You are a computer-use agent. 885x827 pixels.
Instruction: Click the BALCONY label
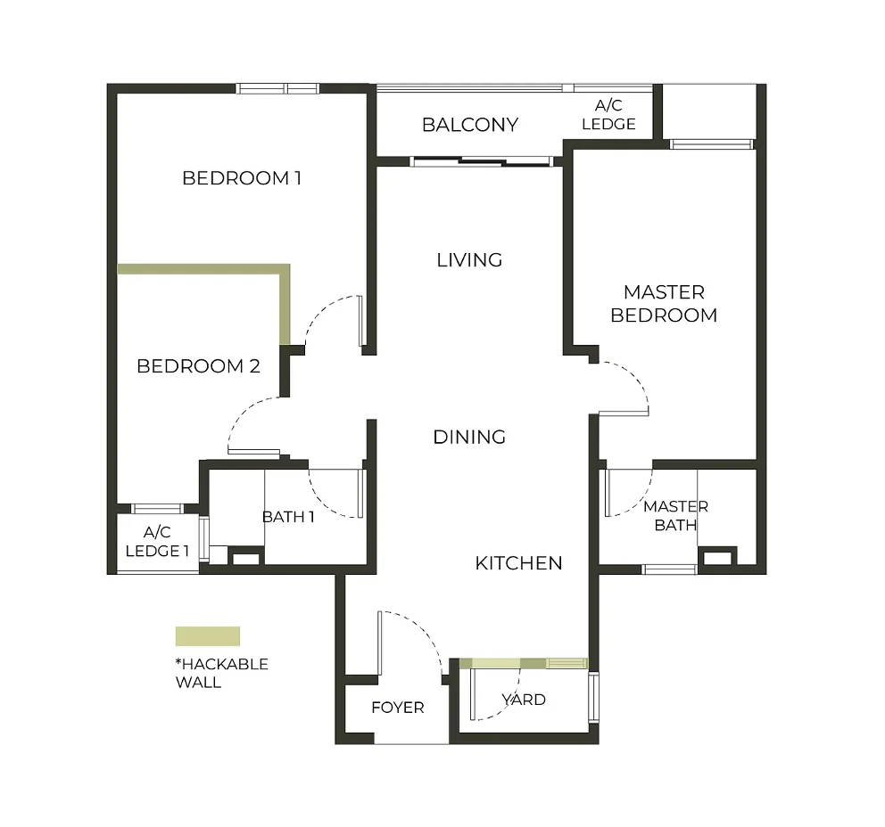pos(469,125)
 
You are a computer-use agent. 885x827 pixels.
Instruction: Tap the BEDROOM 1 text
pos(241,178)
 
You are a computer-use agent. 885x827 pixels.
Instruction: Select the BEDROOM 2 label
pos(198,366)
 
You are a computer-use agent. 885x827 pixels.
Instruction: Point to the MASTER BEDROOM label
pos(664,304)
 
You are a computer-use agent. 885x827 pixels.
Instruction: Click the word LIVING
pos(469,260)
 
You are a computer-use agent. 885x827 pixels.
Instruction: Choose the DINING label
pos(469,438)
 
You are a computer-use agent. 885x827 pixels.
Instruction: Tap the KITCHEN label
pos(518,563)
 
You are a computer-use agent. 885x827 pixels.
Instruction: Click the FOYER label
pos(397,708)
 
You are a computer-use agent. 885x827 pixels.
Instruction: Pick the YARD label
pos(524,700)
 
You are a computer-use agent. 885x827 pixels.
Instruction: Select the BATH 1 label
pos(288,517)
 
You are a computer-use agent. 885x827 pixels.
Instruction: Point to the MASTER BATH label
pos(675,516)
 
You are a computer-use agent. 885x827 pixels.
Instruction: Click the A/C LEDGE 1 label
pos(157,542)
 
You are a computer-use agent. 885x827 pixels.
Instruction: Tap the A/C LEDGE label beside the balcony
pos(608,116)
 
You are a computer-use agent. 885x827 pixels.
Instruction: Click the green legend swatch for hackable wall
pos(207,636)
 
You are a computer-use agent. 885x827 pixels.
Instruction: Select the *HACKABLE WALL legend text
pos(221,673)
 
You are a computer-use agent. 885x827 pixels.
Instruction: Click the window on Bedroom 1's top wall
pos(277,88)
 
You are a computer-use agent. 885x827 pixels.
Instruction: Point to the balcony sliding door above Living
pos(482,161)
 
